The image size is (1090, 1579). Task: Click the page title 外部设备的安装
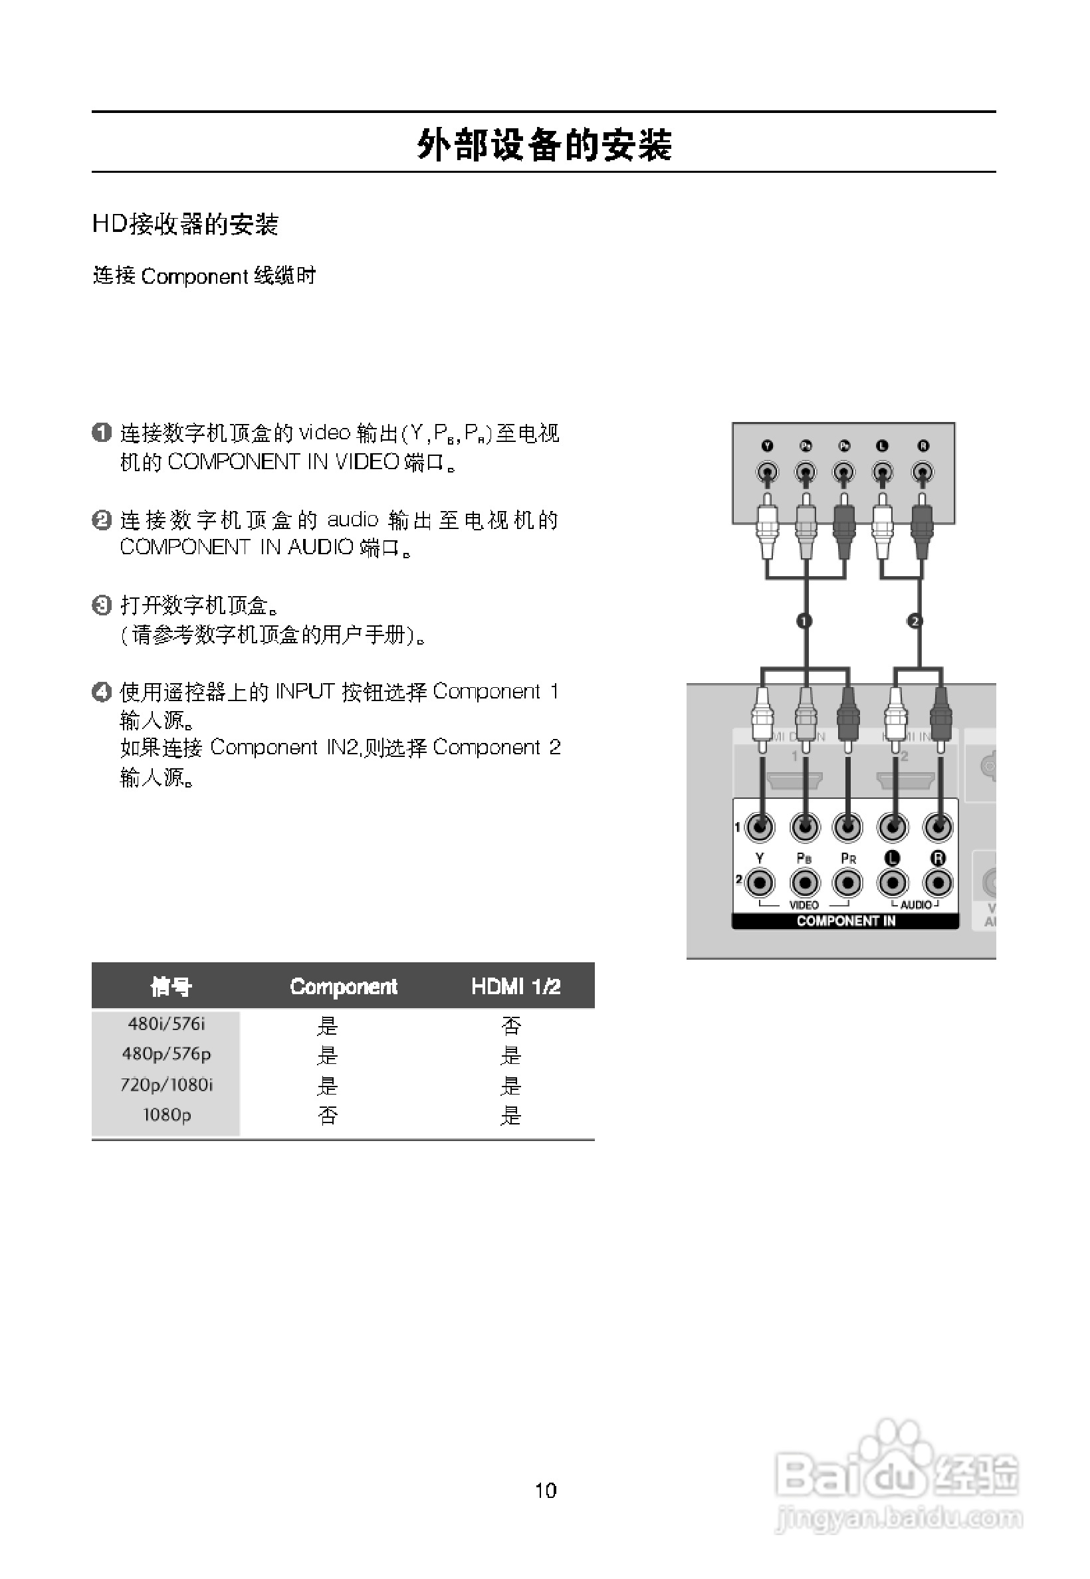tap(544, 145)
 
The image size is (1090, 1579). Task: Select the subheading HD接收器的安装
tap(185, 224)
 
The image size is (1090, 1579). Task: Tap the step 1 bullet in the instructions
tap(101, 433)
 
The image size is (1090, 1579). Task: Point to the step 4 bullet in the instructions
tap(101, 692)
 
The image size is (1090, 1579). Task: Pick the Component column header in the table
tap(344, 986)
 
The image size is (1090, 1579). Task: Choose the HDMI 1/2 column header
tap(516, 986)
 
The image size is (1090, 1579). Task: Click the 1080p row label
tap(167, 1115)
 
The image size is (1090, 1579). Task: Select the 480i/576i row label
tap(167, 1023)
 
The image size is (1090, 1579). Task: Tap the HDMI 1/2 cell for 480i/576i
tap(511, 1025)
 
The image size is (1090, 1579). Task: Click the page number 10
tap(545, 1490)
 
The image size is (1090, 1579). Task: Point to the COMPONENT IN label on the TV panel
tap(845, 921)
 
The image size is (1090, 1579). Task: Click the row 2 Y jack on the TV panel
tap(760, 883)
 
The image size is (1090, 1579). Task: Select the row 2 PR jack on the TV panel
tap(847, 883)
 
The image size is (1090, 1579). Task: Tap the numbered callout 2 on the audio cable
tap(915, 621)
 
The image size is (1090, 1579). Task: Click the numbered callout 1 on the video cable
tap(804, 621)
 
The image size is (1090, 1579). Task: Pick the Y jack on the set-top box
tap(768, 472)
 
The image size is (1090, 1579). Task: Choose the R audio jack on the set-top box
tap(923, 472)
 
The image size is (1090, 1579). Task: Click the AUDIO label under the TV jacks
tap(916, 905)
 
